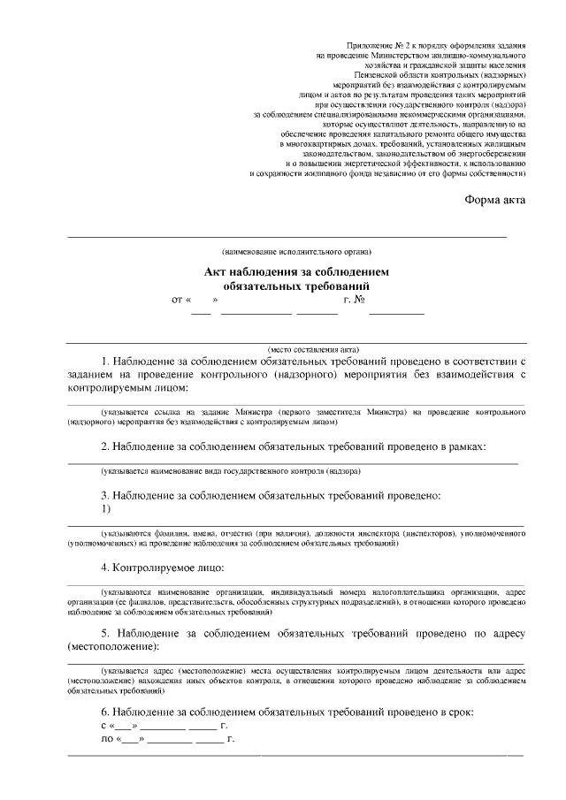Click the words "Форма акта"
[x=495, y=199]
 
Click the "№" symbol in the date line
[x=360, y=301]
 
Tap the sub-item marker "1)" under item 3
[x=106, y=510]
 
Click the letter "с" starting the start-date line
[x=104, y=725]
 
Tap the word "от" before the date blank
[x=178, y=301]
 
